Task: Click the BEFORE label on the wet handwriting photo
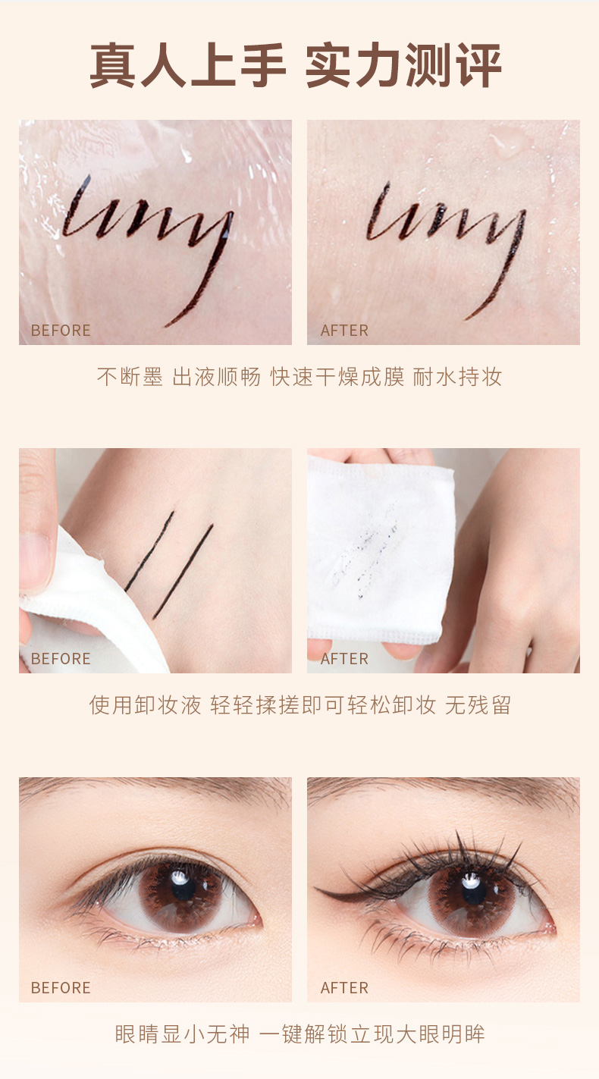point(61,331)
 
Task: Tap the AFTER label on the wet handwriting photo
point(344,331)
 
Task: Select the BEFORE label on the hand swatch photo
point(61,658)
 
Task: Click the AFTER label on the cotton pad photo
point(344,658)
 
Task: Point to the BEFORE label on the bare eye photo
point(61,987)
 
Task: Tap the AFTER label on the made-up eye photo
point(344,987)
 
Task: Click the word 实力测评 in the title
point(403,65)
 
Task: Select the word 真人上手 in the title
point(188,65)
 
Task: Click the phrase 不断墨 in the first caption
point(130,377)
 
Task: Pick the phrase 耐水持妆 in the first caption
point(457,377)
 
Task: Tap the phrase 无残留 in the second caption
point(478,705)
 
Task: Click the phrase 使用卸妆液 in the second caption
point(145,705)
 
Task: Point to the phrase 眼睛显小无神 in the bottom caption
point(182,1034)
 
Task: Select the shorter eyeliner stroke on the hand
point(149,551)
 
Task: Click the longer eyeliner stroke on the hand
point(183,572)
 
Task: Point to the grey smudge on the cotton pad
point(366,554)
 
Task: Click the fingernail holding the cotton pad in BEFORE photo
point(35,561)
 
